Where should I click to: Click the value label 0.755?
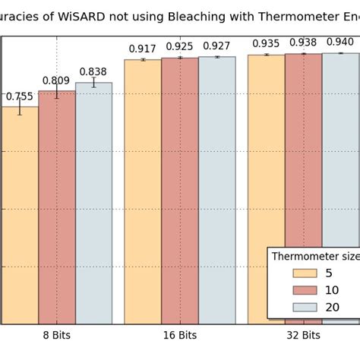pos(20,96)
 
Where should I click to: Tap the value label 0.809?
pos(56,81)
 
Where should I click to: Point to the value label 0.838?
pos(93,72)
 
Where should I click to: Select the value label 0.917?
pos(143,49)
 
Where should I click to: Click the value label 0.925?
pos(179,46)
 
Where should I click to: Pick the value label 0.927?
pos(216,46)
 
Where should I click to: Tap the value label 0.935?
pos(266,44)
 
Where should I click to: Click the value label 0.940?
pos(339,42)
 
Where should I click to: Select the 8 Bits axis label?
pos(56,335)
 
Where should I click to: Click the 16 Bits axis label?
pos(179,335)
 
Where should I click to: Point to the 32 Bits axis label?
pos(302,335)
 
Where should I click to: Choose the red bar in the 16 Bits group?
pos(179,190)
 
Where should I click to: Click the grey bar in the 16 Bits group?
pos(216,190)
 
